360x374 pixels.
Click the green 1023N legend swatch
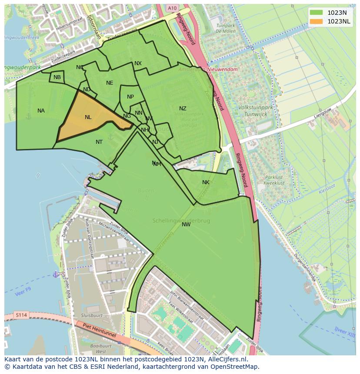317,13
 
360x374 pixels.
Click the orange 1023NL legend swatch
317,21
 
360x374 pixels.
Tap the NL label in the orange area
88,117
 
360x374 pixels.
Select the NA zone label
41,111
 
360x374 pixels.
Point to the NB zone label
57,77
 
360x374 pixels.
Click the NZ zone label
183,109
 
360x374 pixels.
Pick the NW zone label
186,225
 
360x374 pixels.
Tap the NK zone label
206,182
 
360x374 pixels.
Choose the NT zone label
99,142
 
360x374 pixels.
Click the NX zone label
138,63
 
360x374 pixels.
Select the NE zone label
110,83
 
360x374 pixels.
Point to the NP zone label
130,97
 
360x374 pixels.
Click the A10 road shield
172,8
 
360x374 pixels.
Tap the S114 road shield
20,314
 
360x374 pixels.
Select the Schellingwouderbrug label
181,221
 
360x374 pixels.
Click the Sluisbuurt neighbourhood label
91,315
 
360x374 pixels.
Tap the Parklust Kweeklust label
274,180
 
